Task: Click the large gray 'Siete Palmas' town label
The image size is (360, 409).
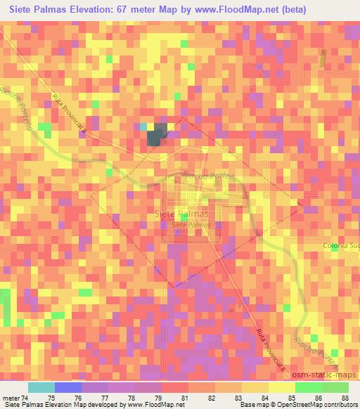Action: click(181, 214)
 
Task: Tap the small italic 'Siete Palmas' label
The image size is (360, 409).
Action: click(191, 225)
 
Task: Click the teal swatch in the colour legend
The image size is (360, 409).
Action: click(41, 387)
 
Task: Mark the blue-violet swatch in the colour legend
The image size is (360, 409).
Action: click(68, 387)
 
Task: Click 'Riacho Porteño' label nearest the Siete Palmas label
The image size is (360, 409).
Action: click(205, 181)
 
